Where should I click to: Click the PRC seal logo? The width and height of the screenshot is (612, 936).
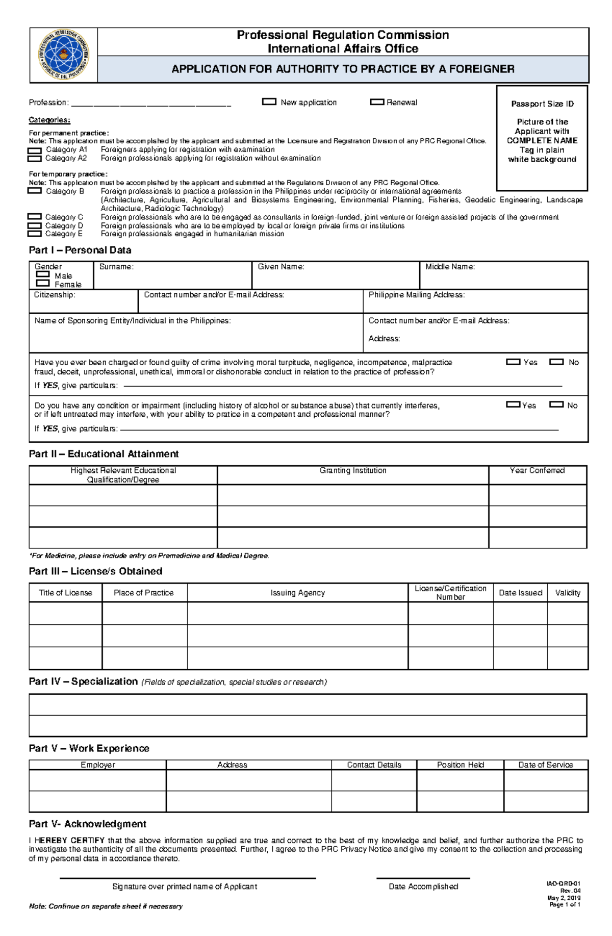(x=64, y=55)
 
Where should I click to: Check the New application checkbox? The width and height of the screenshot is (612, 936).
(x=269, y=102)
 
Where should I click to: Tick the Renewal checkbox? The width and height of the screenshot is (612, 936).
(x=377, y=102)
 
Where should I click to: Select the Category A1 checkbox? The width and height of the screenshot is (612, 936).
(x=34, y=150)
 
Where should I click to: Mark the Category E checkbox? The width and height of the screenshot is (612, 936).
(x=34, y=234)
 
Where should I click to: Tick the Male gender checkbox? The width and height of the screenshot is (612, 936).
(x=43, y=274)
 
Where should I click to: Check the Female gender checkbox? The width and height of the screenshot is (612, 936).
(x=43, y=283)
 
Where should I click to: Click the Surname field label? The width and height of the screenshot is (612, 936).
(x=116, y=267)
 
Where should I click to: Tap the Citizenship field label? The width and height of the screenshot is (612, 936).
(x=55, y=295)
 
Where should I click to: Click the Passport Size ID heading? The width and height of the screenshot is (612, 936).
(x=542, y=104)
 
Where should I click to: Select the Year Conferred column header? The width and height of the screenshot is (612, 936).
(x=537, y=470)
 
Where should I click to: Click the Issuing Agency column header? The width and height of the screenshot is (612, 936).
(x=297, y=593)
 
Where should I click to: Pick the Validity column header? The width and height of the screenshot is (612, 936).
(x=568, y=593)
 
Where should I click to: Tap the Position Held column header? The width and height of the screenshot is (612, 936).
(x=460, y=765)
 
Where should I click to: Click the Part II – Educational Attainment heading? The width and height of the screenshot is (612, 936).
(x=104, y=454)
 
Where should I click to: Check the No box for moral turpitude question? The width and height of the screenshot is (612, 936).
(x=556, y=362)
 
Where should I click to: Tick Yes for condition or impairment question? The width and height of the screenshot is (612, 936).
(x=513, y=404)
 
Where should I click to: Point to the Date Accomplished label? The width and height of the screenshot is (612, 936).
(x=423, y=887)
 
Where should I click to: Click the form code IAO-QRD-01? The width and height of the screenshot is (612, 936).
(x=564, y=883)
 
